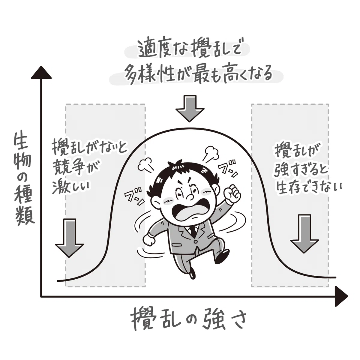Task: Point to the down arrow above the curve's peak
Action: (190, 109)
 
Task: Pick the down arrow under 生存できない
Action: (304, 234)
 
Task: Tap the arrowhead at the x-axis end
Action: (341, 296)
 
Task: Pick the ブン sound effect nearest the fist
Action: (228, 170)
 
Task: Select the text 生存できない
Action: (309, 187)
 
